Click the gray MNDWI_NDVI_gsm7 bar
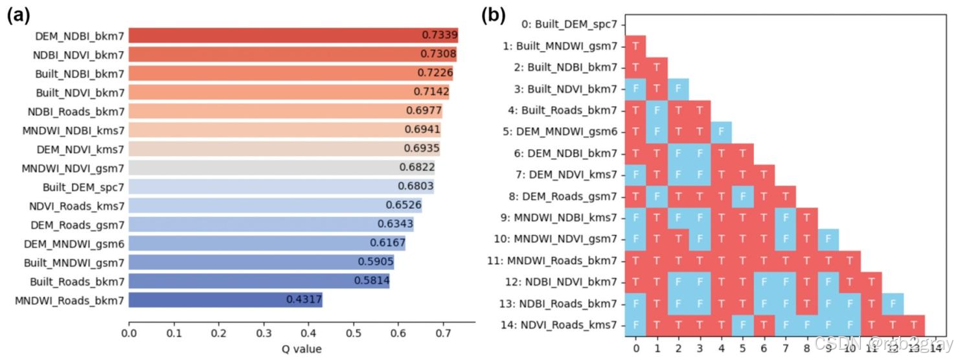(282, 168)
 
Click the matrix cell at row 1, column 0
(635, 46)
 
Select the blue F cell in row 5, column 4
(721, 131)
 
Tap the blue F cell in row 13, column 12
(892, 303)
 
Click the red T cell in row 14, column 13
(913, 324)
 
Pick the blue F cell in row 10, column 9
(828, 239)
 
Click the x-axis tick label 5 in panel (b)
(742, 348)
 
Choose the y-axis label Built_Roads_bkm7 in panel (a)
(77, 282)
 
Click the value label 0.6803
(415, 186)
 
